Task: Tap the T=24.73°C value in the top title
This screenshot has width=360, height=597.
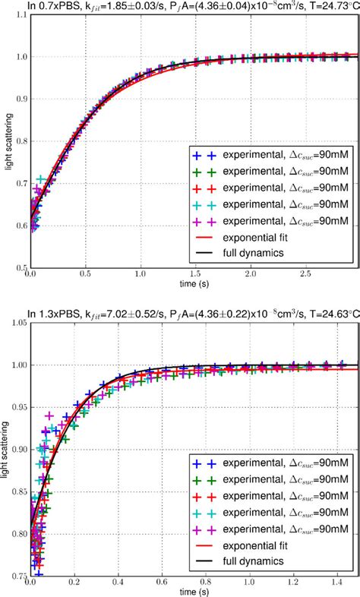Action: [x=324, y=7]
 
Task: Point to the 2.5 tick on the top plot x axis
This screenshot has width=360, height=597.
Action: [x=303, y=273]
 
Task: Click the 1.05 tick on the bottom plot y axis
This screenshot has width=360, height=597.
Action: [x=14, y=324]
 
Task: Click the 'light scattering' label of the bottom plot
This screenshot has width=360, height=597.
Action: [x=5, y=450]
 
